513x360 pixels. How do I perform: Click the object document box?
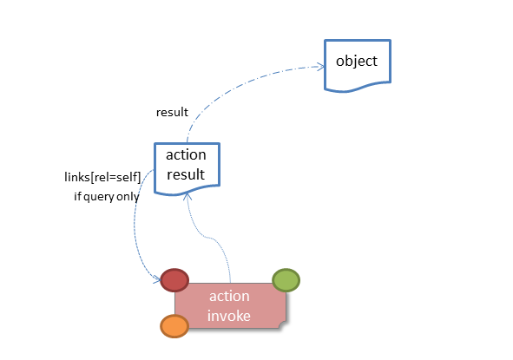point(358,65)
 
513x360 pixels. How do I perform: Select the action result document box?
point(187,168)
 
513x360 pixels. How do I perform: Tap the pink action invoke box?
point(230,305)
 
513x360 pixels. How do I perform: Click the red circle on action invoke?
point(174,280)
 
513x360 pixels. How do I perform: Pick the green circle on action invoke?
point(286,280)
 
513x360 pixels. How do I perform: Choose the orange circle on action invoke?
point(174,326)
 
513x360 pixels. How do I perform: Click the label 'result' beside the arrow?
point(172,113)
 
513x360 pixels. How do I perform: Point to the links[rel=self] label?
point(102,177)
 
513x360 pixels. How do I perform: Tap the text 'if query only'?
point(107,197)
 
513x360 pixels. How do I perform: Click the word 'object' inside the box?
point(357,61)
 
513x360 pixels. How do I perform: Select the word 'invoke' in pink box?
point(229,316)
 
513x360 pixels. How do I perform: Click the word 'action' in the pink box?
point(229,296)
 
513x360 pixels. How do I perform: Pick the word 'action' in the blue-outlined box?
point(186,155)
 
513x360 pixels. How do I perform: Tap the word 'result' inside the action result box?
point(186,174)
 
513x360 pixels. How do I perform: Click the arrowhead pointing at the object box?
point(320,67)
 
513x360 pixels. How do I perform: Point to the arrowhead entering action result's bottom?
point(187,196)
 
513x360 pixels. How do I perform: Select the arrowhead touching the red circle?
point(157,280)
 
